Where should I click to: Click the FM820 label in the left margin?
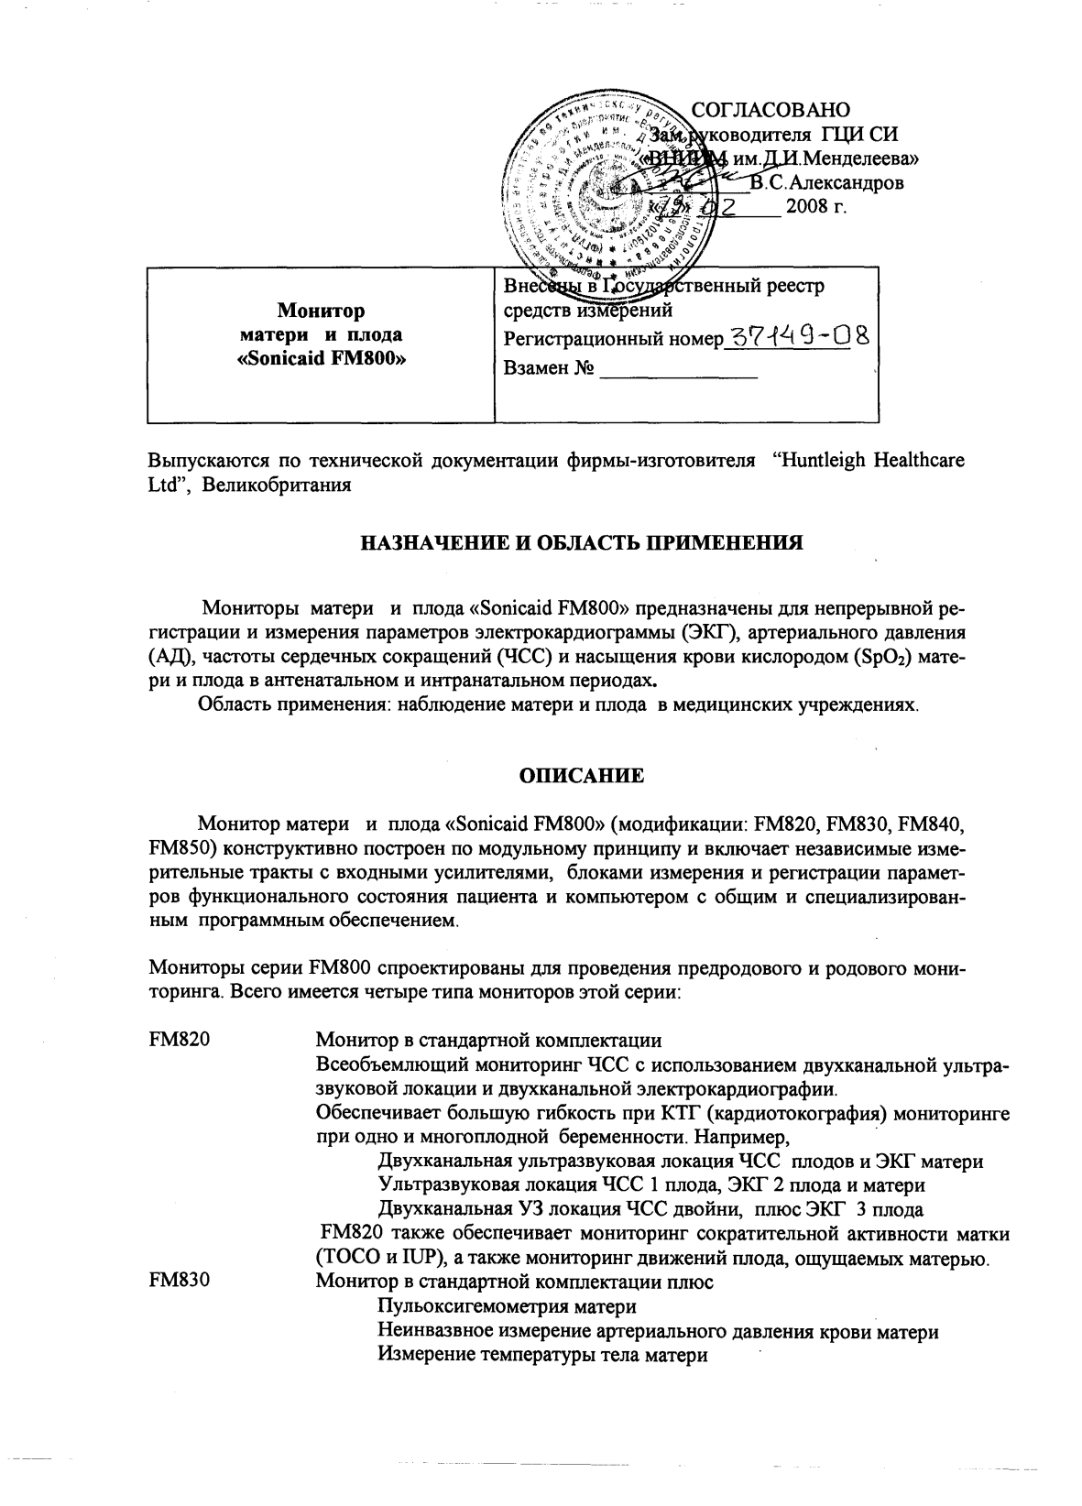178,1040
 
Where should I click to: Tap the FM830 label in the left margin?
178,1282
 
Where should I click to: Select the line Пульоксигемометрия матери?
507,1305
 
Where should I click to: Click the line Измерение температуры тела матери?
542,1355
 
